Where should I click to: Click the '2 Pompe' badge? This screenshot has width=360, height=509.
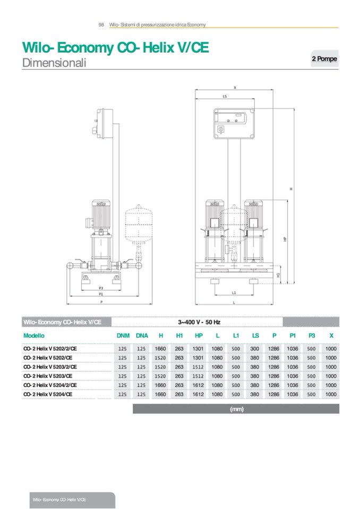click(x=324, y=59)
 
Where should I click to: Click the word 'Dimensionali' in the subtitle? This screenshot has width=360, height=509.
click(x=54, y=63)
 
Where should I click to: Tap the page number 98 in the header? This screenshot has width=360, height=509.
click(x=101, y=24)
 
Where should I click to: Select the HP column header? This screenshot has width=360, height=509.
click(x=199, y=335)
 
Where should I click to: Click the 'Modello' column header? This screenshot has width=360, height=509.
click(x=34, y=335)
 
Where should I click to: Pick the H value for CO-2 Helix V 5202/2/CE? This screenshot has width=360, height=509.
click(x=160, y=349)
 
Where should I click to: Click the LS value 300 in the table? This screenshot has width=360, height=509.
click(x=255, y=349)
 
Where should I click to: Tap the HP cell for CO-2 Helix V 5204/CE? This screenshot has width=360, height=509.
click(x=198, y=394)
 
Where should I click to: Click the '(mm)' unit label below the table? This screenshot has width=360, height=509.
click(x=236, y=409)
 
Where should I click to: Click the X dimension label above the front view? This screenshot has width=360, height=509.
click(x=234, y=87)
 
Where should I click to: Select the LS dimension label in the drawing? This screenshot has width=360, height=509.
click(x=225, y=96)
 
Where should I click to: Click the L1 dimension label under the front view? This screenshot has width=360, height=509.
click(x=234, y=292)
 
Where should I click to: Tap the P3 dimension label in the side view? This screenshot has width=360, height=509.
click(x=101, y=288)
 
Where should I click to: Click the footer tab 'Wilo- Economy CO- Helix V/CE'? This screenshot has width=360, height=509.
click(x=59, y=500)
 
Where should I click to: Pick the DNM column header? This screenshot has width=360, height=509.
click(x=123, y=335)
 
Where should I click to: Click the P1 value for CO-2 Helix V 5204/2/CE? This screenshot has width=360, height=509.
click(x=293, y=385)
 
